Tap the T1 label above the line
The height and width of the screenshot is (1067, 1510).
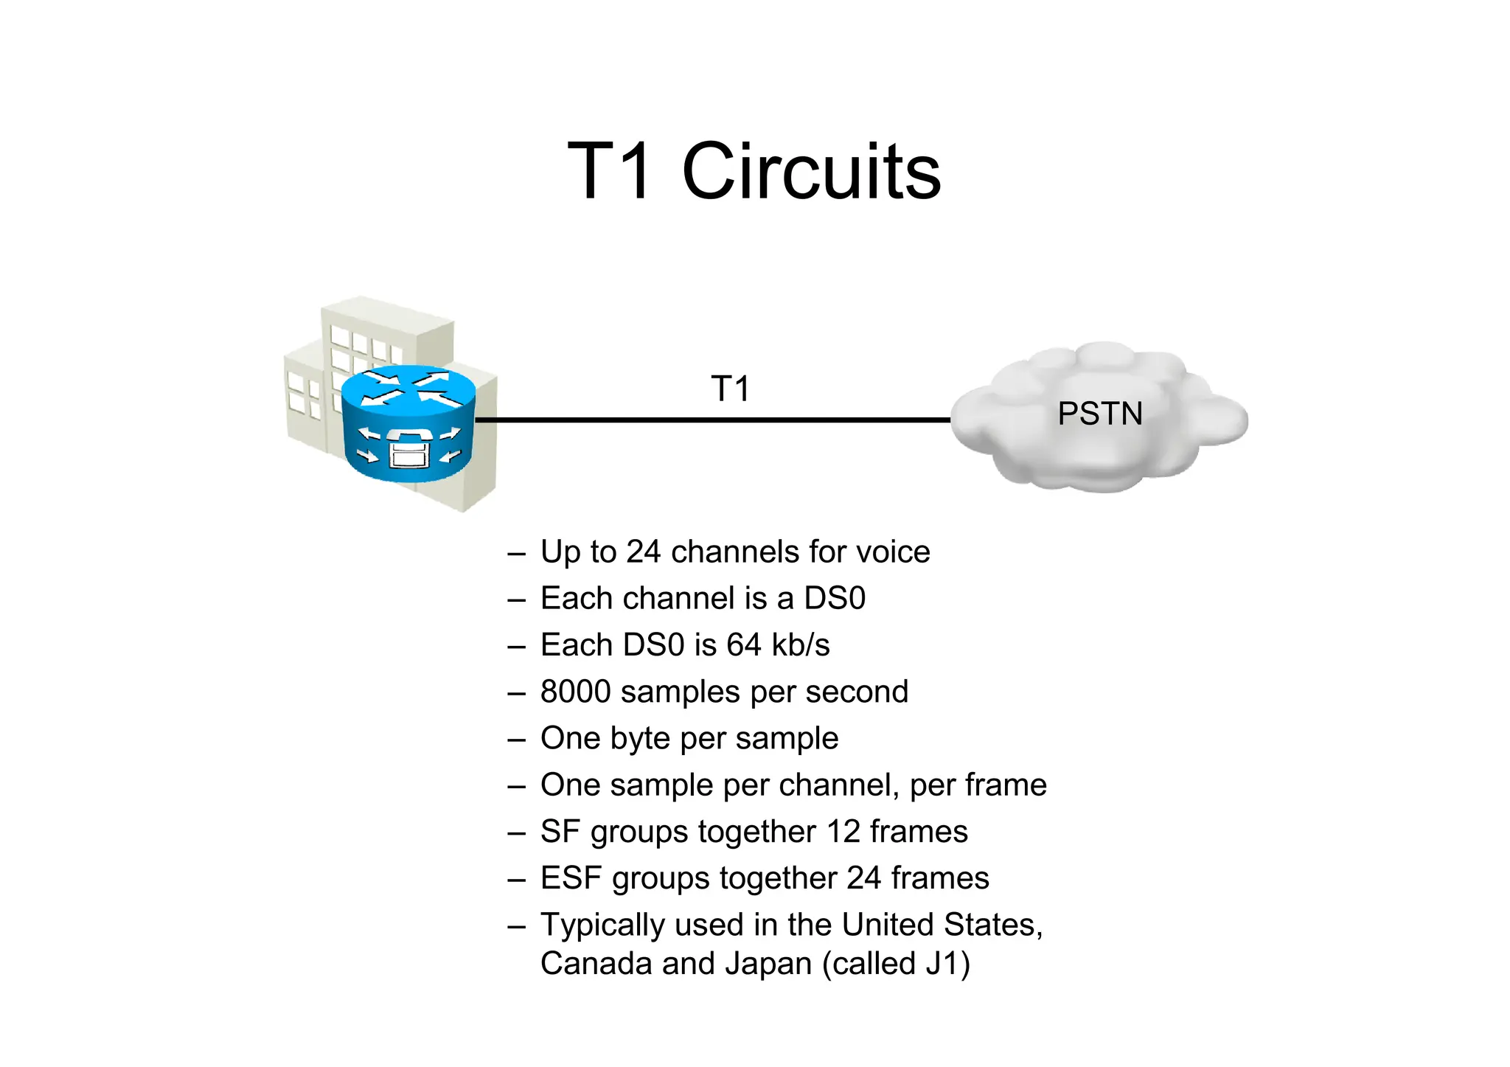(x=730, y=389)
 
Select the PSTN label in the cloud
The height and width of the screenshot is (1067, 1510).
(x=1099, y=414)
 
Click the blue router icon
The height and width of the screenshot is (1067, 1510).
(x=408, y=423)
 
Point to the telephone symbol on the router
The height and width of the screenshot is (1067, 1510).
(x=408, y=448)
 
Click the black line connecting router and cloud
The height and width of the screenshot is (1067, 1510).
(x=711, y=420)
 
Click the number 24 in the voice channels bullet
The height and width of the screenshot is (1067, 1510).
(x=643, y=552)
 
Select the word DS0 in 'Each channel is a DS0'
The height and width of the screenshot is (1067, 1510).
(x=835, y=599)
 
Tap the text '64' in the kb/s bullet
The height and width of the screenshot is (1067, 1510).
(x=743, y=645)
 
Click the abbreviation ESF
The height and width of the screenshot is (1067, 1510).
(x=571, y=878)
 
